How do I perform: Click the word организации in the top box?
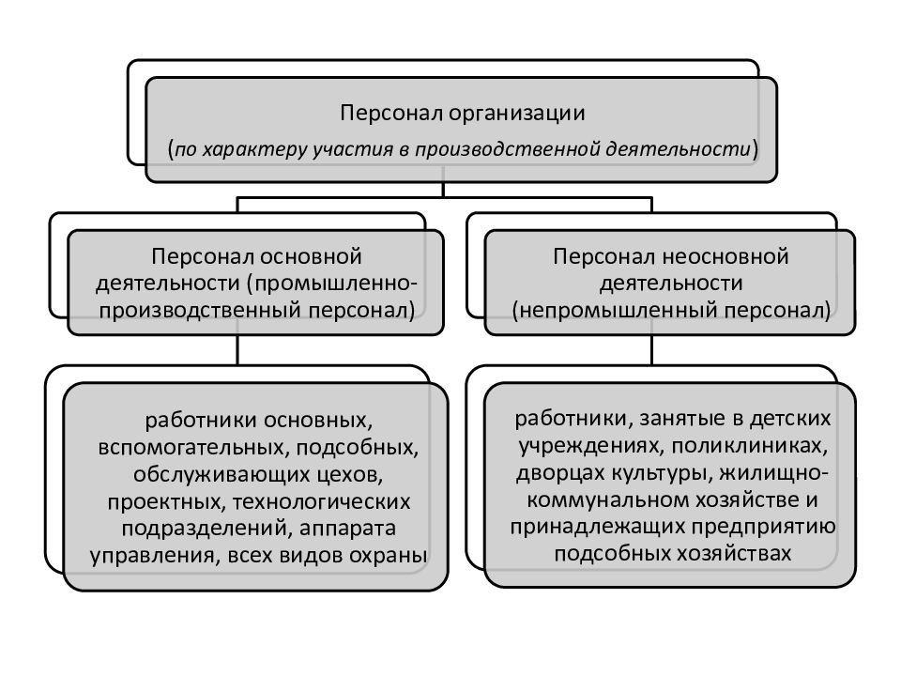(516, 114)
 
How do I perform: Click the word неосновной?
(726, 256)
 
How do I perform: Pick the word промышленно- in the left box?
(332, 284)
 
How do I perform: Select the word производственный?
(201, 311)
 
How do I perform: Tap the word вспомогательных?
(193, 447)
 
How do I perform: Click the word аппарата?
(347, 529)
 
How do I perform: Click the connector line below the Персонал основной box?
(237, 349)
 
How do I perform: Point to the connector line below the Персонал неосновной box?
(651, 349)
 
